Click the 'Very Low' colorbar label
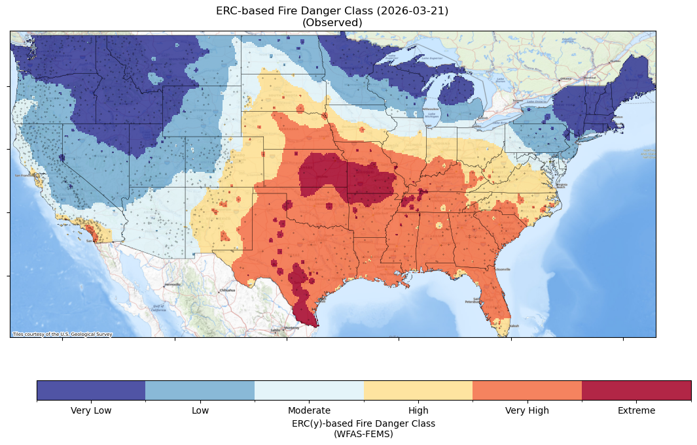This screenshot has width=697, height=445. click(91, 410)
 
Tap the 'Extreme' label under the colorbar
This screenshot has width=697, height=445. click(636, 410)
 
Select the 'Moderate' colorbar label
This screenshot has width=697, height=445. click(309, 410)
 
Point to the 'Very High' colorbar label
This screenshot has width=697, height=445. click(527, 410)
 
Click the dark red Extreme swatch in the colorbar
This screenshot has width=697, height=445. click(636, 390)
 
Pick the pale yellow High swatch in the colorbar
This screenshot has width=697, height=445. click(418, 390)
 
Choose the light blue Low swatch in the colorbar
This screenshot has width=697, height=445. click(200, 390)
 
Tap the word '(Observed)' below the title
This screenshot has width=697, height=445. click(332, 22)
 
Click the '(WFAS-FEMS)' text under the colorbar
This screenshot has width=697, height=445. click(363, 433)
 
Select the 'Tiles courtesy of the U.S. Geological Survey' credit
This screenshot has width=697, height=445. click(63, 335)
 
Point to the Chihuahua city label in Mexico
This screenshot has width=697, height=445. click(228, 290)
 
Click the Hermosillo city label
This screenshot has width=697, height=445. click(173, 285)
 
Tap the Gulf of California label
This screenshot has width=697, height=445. click(159, 308)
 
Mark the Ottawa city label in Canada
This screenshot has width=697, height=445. click(564, 78)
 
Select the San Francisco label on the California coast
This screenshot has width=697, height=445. click(24, 176)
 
